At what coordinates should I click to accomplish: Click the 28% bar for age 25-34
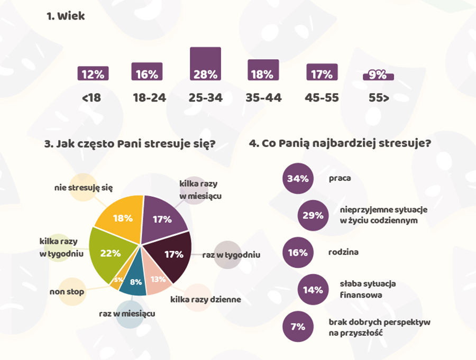coord(205,64)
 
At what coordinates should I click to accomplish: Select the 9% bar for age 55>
coord(378,76)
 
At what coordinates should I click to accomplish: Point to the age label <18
coord(91,98)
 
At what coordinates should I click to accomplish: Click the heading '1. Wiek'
coord(66,16)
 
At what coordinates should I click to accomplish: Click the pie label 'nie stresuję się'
coord(84,187)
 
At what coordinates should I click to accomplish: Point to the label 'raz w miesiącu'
coord(127,313)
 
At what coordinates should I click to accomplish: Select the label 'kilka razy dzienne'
coord(205,300)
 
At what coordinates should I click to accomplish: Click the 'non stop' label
coord(67,291)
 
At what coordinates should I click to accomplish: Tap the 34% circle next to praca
coord(298,178)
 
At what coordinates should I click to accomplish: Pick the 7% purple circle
coord(298,327)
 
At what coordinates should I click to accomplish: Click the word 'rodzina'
coord(343,252)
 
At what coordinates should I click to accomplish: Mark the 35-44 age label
coord(263,98)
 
